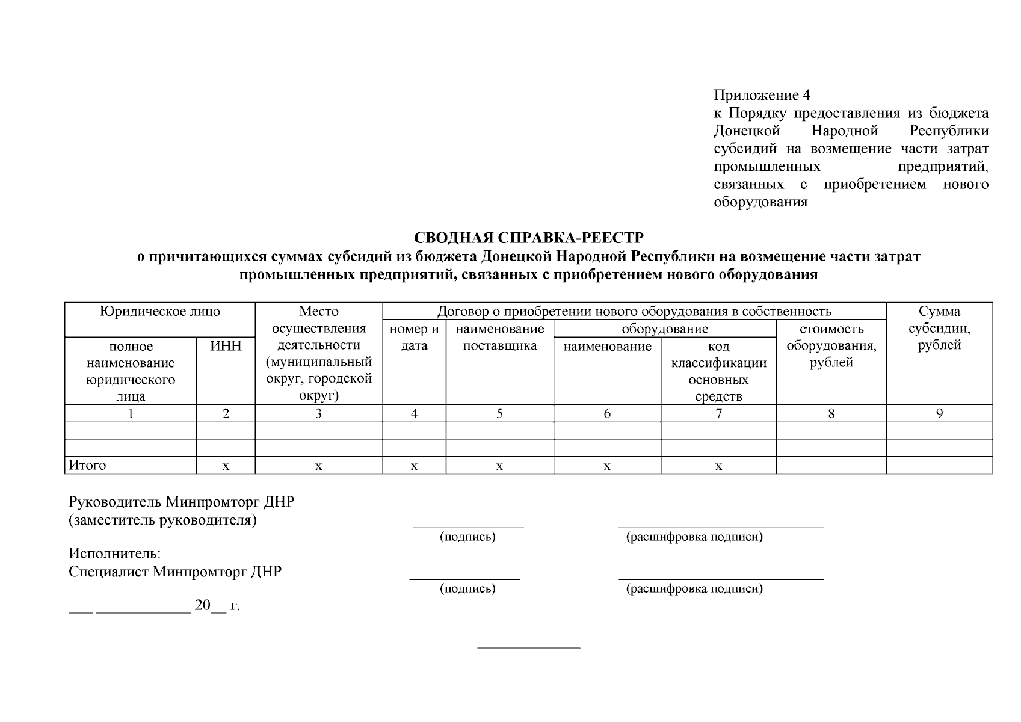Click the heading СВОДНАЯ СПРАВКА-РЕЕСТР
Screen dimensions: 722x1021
coord(528,238)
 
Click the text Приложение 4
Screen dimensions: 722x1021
coord(762,95)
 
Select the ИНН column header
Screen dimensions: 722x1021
coord(226,346)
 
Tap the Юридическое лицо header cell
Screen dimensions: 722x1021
coord(160,312)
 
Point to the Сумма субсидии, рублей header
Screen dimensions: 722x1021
coord(939,329)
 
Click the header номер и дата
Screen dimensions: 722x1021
coord(414,337)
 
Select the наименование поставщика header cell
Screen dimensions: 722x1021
coord(499,337)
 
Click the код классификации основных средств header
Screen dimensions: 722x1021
coord(718,371)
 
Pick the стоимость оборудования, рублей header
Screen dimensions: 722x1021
coord(831,345)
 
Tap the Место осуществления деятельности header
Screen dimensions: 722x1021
coord(318,353)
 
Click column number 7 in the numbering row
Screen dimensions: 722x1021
coord(718,413)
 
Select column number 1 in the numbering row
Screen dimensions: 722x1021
coord(131,413)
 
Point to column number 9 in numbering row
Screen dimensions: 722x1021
coord(939,413)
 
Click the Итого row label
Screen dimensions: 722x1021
coord(88,465)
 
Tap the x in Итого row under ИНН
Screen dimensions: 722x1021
coord(226,466)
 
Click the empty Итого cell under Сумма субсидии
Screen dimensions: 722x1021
coord(939,465)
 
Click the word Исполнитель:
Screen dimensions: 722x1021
coord(115,554)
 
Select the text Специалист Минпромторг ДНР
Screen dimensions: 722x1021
coord(175,572)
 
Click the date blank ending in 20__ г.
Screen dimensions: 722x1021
coord(154,606)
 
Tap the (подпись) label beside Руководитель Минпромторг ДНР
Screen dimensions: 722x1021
coord(467,537)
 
